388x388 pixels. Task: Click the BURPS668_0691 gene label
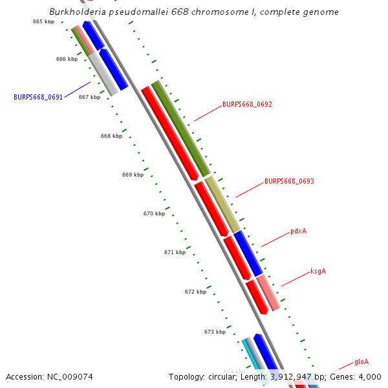click(38, 97)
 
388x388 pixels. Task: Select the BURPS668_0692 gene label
click(247, 104)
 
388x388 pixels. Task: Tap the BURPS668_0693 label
click(289, 182)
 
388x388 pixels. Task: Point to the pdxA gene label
click(298, 231)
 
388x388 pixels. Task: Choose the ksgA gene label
click(318, 271)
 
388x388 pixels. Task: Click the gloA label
click(361, 361)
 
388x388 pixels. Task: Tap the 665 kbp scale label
click(43, 21)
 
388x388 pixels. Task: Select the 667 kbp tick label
click(89, 97)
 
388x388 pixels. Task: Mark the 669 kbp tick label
click(133, 175)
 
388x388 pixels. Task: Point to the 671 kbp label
click(175, 252)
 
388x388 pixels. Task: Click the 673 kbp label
click(215, 332)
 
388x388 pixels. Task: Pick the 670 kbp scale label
click(154, 213)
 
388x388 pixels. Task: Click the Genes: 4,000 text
click(360, 377)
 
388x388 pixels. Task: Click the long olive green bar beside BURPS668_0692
click(181, 129)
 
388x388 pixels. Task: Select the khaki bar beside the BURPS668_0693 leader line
click(224, 204)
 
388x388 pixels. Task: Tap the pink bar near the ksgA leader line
click(268, 293)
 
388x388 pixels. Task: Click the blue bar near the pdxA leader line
click(248, 253)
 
